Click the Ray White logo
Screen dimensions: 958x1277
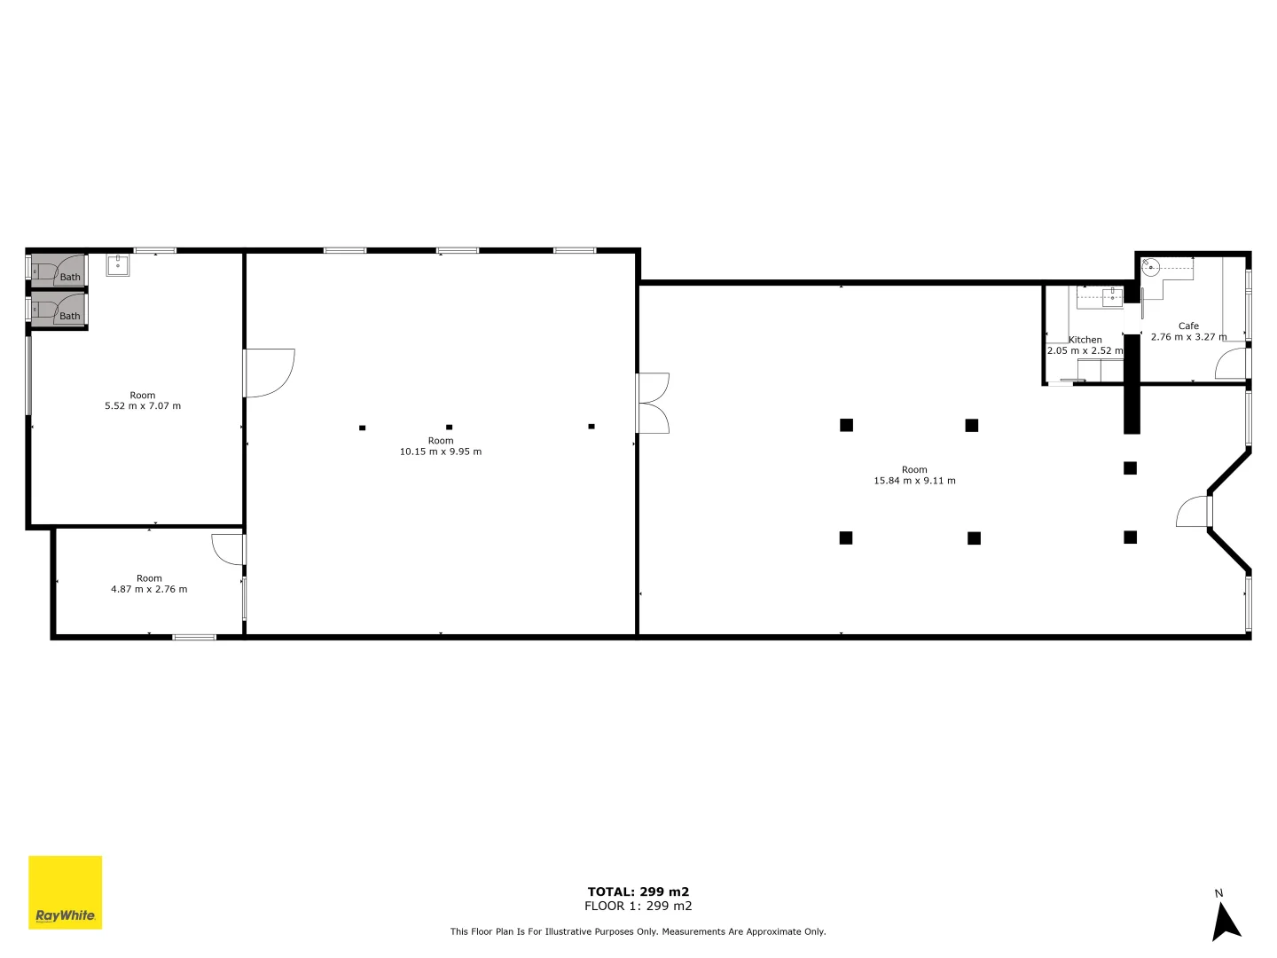(x=66, y=892)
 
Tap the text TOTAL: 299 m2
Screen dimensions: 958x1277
(x=638, y=891)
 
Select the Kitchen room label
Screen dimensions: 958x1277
(x=1085, y=340)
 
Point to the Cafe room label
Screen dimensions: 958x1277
(x=1188, y=326)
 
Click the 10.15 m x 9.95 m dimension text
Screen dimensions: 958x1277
(x=441, y=452)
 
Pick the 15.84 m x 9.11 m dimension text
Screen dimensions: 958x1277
(x=914, y=481)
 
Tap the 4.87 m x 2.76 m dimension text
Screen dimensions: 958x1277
(x=149, y=589)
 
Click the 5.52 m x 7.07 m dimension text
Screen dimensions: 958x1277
(x=143, y=406)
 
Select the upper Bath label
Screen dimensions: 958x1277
(x=70, y=277)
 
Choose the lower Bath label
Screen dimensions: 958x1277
(x=70, y=316)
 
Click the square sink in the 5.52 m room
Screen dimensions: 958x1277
(x=118, y=264)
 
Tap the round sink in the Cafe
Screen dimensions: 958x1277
(x=1150, y=265)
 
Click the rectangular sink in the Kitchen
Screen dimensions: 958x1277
(x=1112, y=297)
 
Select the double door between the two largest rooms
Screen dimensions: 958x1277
(x=652, y=403)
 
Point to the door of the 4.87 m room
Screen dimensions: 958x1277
(x=228, y=548)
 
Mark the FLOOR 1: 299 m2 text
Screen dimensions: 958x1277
(x=638, y=906)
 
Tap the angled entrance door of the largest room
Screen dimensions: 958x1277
(x=1195, y=512)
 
